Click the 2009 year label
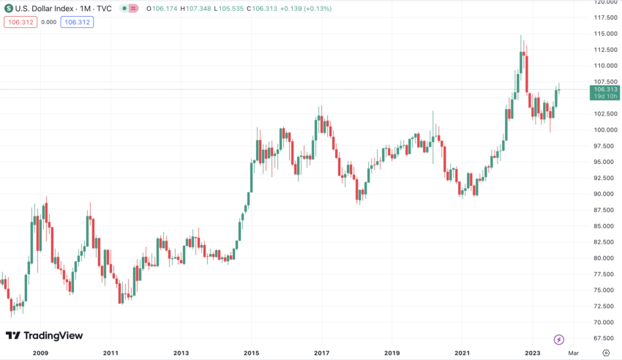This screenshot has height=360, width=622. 40,353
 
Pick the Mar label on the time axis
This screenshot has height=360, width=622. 574,353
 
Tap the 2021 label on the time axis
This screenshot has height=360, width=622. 462,353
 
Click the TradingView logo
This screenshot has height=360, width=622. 45,336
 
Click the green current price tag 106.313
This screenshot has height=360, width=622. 604,89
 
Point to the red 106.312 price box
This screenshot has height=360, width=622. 19,22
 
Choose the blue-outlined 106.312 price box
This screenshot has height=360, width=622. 77,22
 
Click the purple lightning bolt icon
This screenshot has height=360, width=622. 559,340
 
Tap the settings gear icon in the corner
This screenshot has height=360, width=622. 605,353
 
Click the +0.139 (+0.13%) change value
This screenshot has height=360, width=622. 302,9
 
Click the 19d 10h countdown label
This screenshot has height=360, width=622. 604,97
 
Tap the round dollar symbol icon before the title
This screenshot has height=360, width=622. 8,9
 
